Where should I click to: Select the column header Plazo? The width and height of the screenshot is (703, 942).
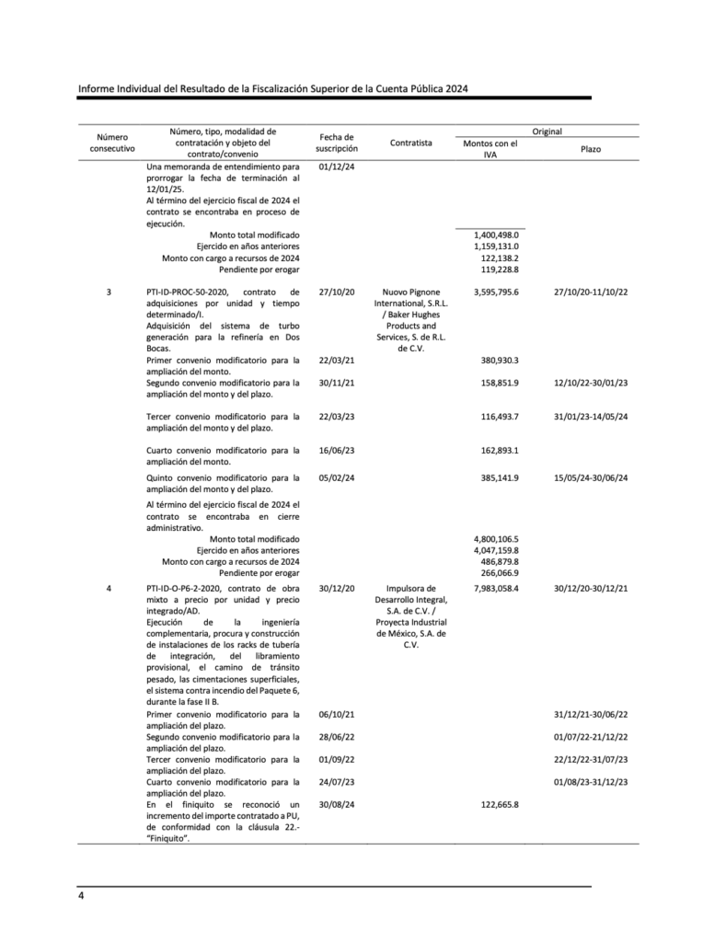(x=591, y=148)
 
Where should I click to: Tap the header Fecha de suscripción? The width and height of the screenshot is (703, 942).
(x=336, y=143)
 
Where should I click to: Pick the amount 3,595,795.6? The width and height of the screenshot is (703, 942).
(x=496, y=292)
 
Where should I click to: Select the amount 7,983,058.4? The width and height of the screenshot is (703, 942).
(x=496, y=589)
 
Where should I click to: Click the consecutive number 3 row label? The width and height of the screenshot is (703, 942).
(x=109, y=292)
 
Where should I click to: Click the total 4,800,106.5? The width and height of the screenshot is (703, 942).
(x=496, y=539)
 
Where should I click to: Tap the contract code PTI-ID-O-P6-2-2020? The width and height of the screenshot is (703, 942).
(x=189, y=589)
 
